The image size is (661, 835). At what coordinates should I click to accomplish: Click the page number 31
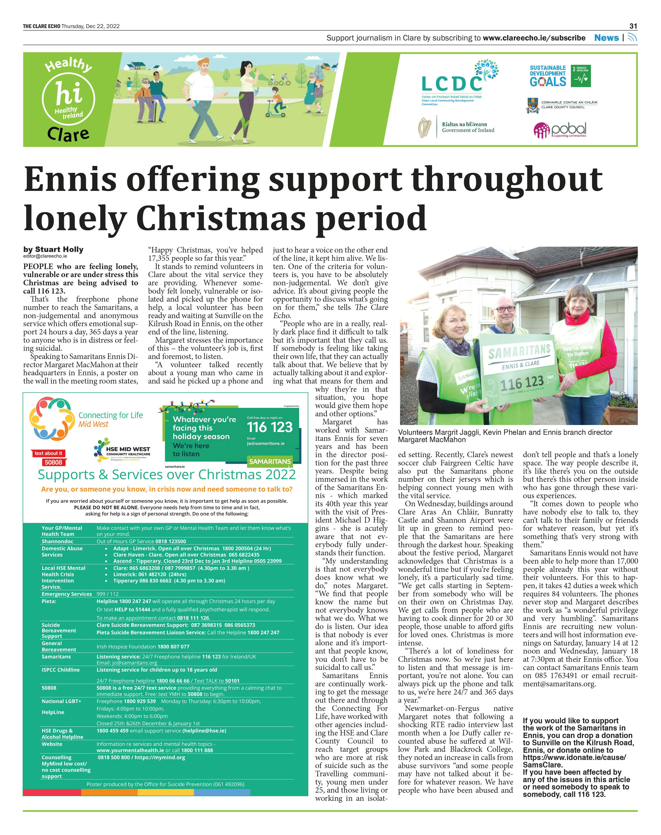click(633, 26)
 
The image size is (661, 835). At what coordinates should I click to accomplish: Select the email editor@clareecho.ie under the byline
click(45, 256)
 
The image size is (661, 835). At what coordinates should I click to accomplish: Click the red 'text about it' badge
click(48, 453)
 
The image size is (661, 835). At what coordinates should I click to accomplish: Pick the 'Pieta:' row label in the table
click(49, 601)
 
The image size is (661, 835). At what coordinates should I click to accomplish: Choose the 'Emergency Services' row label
click(67, 594)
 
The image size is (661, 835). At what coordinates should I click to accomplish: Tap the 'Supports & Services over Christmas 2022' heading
click(166, 474)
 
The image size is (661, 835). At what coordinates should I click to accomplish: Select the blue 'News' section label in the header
click(606, 38)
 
